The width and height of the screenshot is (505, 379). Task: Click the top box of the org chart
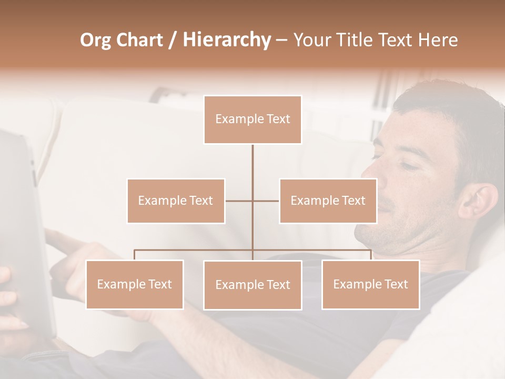pyautogui.click(x=252, y=119)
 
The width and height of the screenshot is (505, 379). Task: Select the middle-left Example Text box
pyautogui.click(x=176, y=201)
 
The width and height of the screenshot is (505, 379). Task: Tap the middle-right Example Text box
pyautogui.click(x=328, y=201)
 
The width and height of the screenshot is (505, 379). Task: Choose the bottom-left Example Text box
pyautogui.click(x=135, y=284)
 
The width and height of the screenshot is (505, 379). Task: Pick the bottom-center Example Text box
pyautogui.click(x=252, y=285)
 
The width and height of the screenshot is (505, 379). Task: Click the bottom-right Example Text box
pyautogui.click(x=370, y=284)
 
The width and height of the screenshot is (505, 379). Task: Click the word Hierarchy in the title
pyautogui.click(x=227, y=40)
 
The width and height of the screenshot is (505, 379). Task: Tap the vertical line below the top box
pyautogui.click(x=252, y=163)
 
